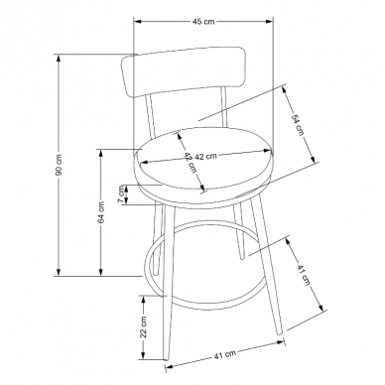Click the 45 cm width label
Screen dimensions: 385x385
click(x=203, y=22)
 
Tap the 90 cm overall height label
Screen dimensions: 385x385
click(x=59, y=165)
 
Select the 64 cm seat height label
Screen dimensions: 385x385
click(x=101, y=212)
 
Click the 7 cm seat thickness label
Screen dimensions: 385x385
click(x=122, y=193)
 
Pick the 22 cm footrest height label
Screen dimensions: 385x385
click(x=144, y=326)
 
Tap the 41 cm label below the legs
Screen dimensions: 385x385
click(x=225, y=355)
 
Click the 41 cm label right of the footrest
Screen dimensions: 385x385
click(x=304, y=275)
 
